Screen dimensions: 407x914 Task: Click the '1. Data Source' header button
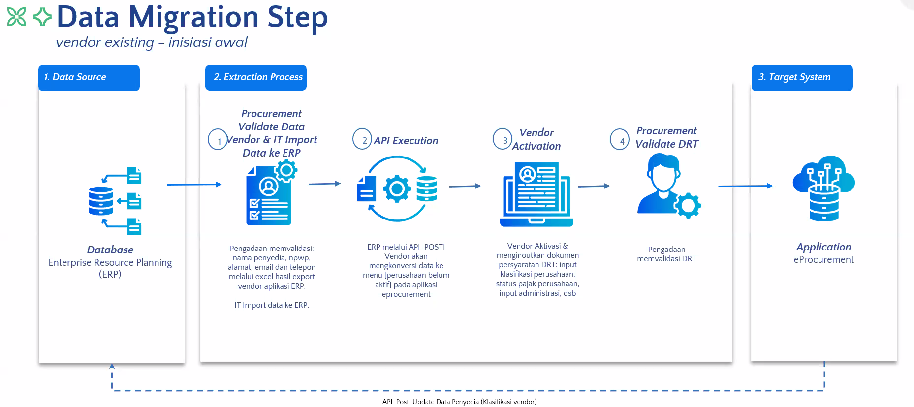[x=89, y=78]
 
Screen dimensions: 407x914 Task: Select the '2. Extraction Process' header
[x=256, y=78]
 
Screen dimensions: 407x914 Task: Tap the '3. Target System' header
[x=802, y=78]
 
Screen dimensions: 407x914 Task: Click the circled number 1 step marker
[x=218, y=140]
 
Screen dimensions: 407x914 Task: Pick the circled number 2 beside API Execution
[x=362, y=139]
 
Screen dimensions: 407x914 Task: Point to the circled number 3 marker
[x=503, y=139]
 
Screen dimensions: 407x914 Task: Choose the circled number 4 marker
[x=620, y=140]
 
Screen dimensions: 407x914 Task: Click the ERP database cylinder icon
[x=101, y=201]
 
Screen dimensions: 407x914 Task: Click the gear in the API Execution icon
[x=397, y=188]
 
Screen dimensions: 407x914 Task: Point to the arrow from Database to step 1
[x=194, y=185]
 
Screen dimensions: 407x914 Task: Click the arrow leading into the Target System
[x=745, y=186]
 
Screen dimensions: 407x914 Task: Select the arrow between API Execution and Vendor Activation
[x=465, y=186]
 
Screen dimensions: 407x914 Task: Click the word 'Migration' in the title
[x=193, y=17]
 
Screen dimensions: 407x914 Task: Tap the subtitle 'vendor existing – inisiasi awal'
[x=152, y=42]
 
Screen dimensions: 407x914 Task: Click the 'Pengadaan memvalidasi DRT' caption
[x=666, y=254]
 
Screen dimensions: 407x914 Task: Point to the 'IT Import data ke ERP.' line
[x=272, y=305]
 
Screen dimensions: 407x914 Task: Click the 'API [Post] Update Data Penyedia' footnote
[x=459, y=402]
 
